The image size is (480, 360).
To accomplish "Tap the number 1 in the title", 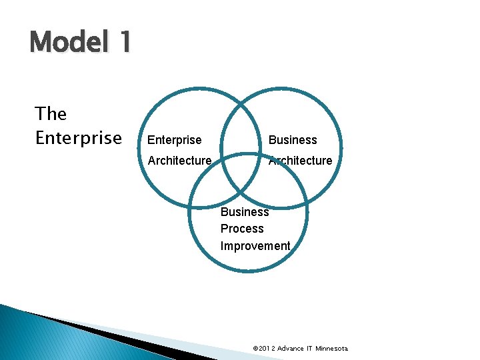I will pyautogui.click(x=123, y=43).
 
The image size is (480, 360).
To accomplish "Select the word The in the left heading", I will pyautogui.click(x=51, y=114).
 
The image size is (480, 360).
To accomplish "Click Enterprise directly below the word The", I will pyautogui.click(x=78, y=138).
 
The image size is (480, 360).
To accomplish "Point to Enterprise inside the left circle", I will pyautogui.click(x=174, y=140).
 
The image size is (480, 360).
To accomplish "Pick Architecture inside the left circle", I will pyautogui.click(x=179, y=161).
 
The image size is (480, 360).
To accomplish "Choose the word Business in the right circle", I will pyautogui.click(x=292, y=140).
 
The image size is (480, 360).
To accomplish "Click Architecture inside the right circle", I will pyautogui.click(x=300, y=161).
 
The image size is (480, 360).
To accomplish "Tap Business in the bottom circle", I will pyautogui.click(x=245, y=212).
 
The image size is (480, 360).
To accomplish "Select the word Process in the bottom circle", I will pyautogui.click(x=242, y=229).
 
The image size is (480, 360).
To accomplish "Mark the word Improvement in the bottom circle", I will pyautogui.click(x=255, y=246).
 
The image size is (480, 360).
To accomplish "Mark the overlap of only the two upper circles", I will pyautogui.click(x=241, y=133).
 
